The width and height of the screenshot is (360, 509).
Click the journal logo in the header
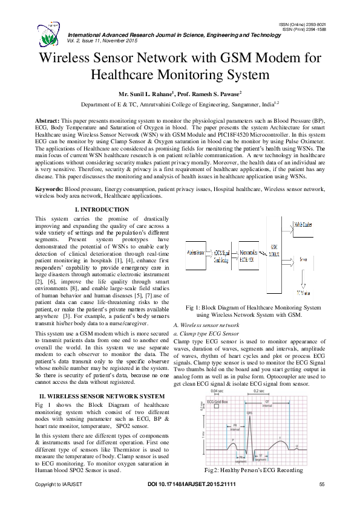(x=49, y=28)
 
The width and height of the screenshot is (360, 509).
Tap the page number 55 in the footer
(x=322, y=485)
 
